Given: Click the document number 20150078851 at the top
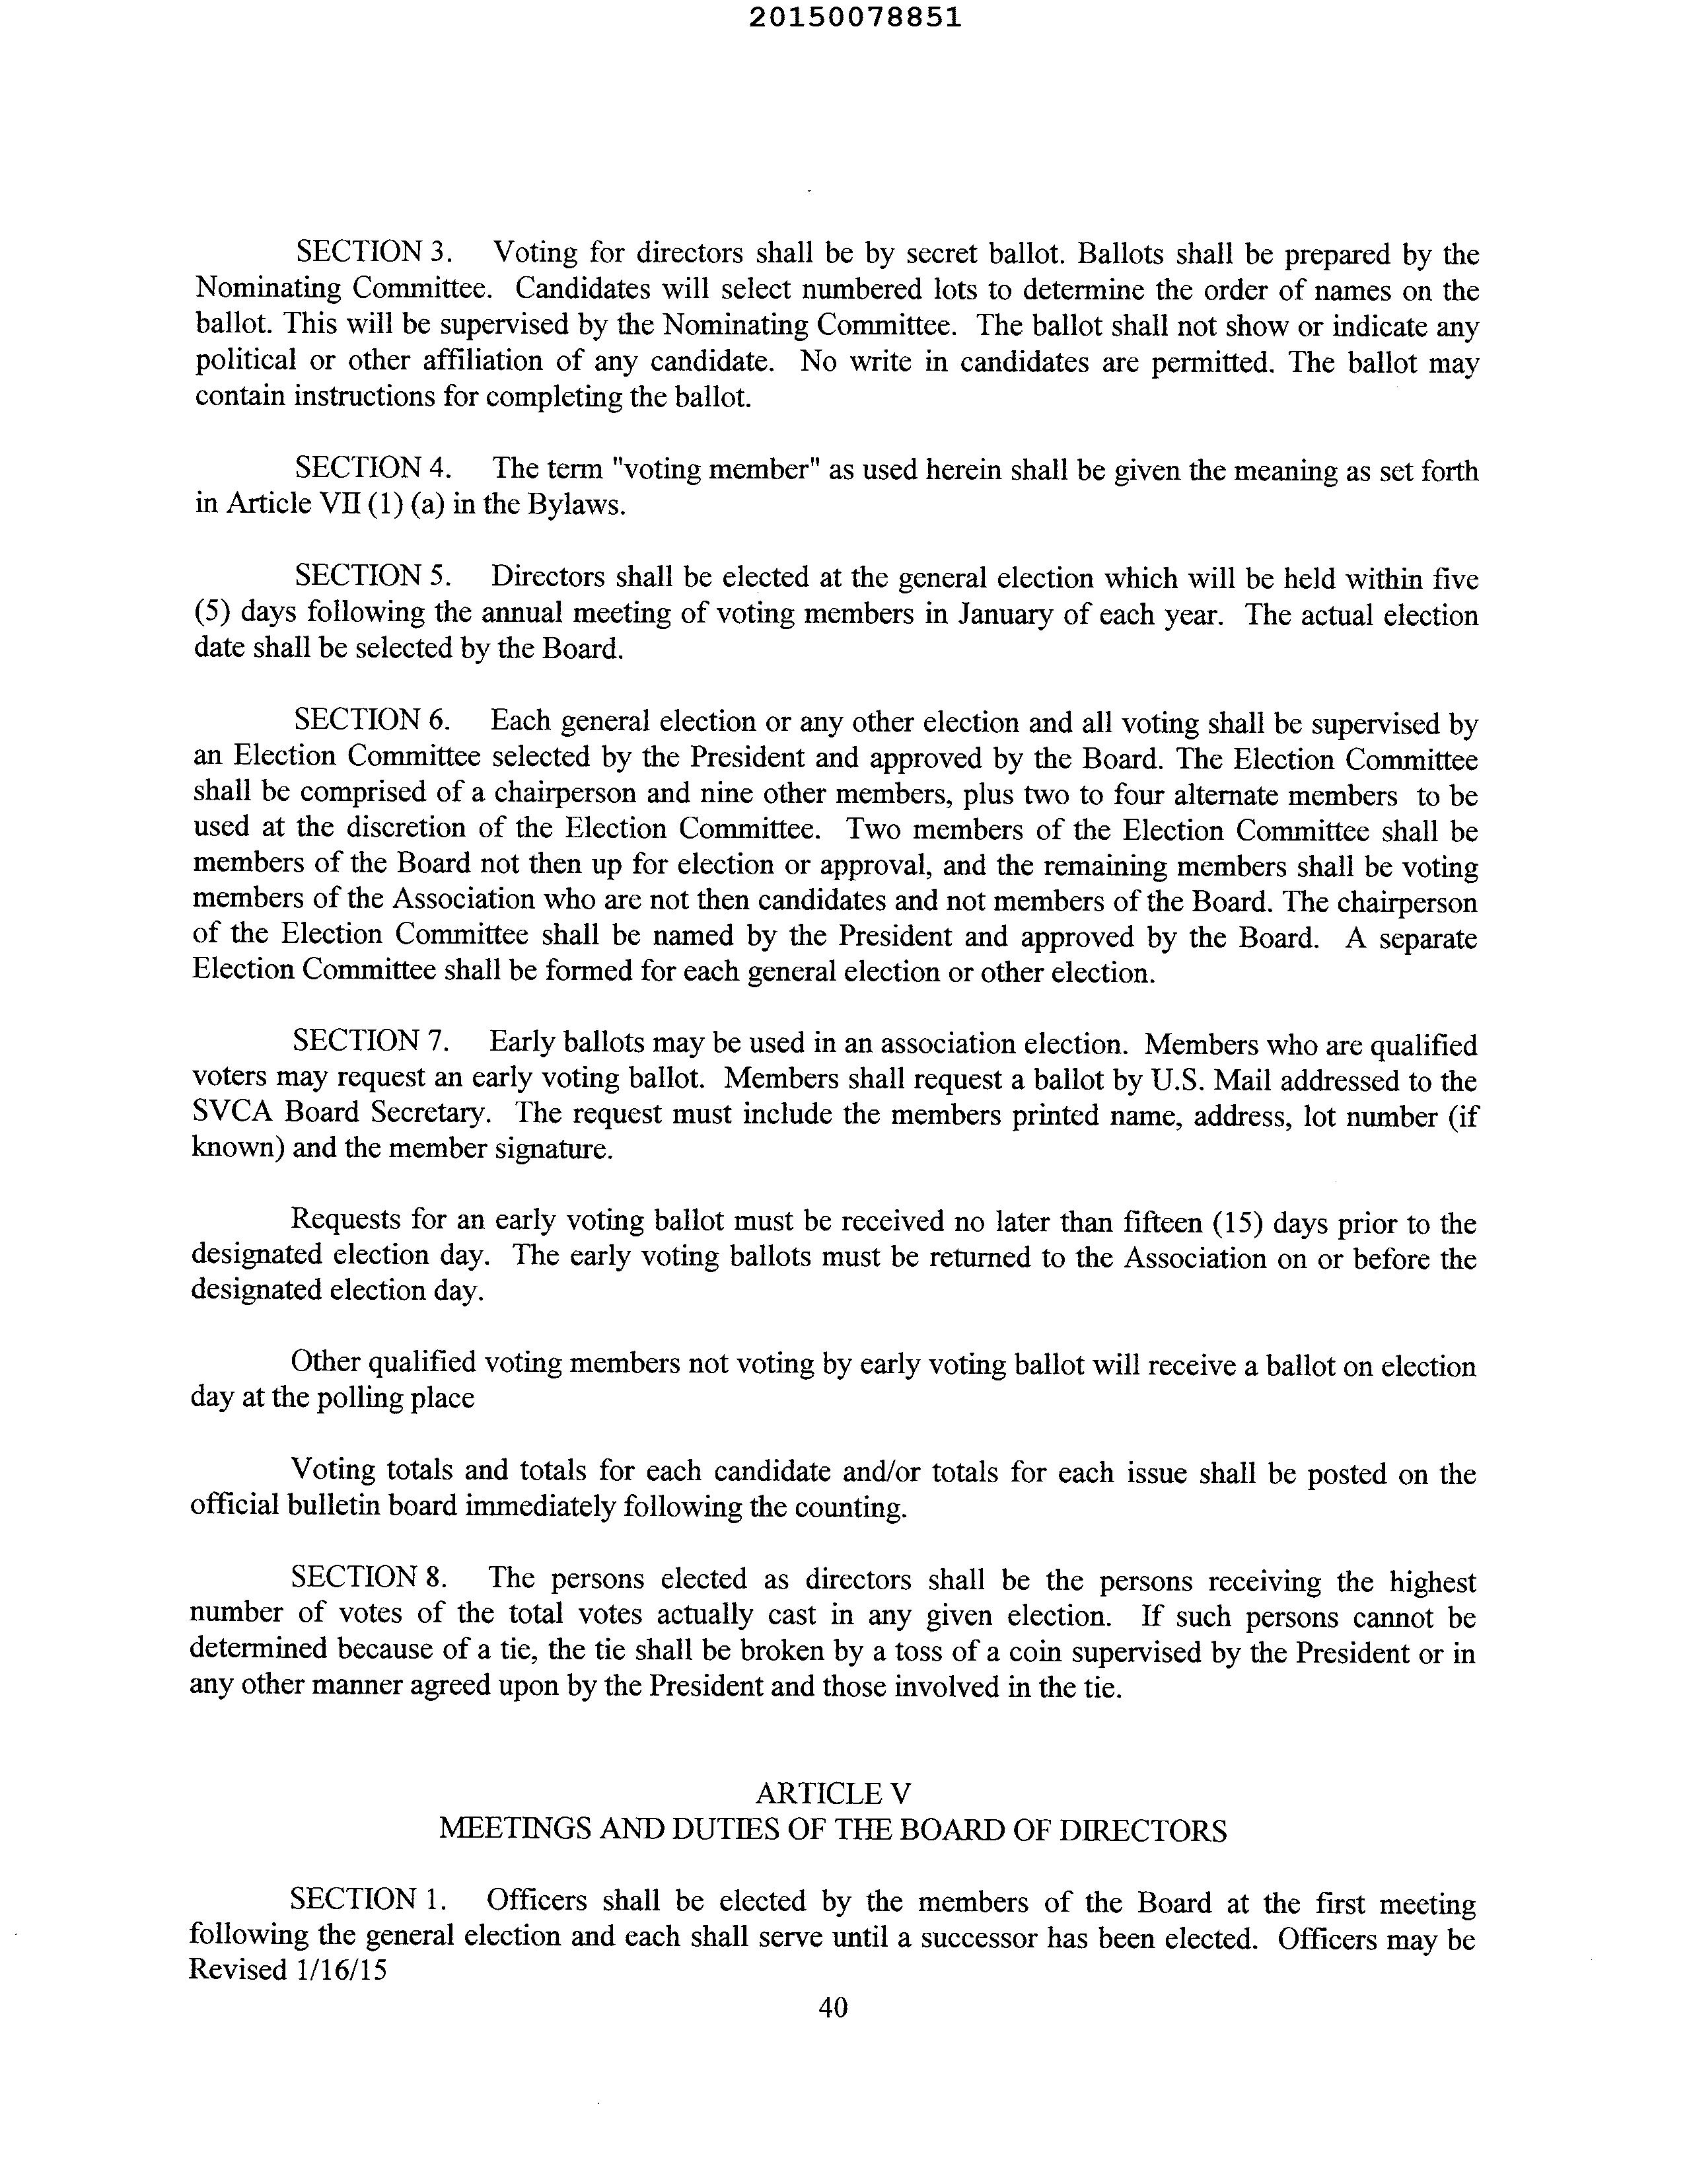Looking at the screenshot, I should click(855, 17).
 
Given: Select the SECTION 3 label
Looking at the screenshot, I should click(374, 252).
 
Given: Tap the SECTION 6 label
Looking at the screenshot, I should click(373, 720).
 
